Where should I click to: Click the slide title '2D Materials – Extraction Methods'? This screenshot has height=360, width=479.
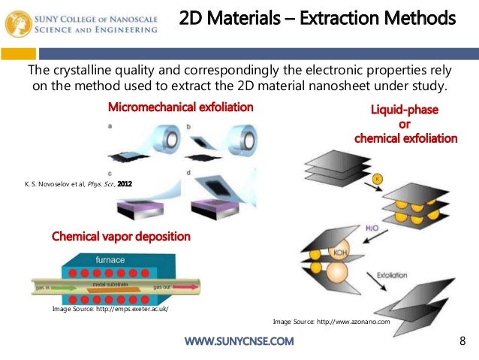pyautogui.click(x=318, y=16)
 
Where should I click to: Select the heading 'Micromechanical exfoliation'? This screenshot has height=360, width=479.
pyautogui.click(x=180, y=107)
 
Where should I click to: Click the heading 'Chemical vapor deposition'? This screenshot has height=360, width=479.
pyautogui.click(x=121, y=237)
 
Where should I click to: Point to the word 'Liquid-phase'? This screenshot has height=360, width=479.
pyautogui.click(x=405, y=110)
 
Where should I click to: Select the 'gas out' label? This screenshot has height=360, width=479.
pyautogui.click(x=163, y=286)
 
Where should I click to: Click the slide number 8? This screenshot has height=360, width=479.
pyautogui.click(x=462, y=343)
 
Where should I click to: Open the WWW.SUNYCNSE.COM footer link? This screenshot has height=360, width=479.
pyautogui.click(x=239, y=343)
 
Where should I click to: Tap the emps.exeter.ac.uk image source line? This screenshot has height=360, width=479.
pyautogui.click(x=110, y=309)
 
